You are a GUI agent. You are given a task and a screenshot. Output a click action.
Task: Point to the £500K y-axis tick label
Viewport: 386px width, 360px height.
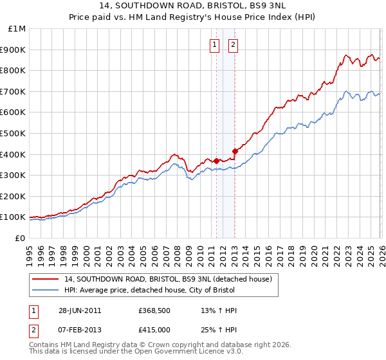(x=13, y=133)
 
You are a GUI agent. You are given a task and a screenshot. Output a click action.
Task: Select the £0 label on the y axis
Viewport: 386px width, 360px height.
(x=21, y=238)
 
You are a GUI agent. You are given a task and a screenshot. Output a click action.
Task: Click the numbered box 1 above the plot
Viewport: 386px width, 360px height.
(x=214, y=44)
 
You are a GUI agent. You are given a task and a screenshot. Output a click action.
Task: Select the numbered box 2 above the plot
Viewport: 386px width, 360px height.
(x=232, y=44)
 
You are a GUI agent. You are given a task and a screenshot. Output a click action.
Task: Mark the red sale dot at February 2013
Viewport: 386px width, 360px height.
(x=235, y=151)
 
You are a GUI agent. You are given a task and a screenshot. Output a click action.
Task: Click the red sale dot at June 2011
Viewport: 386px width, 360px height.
(x=216, y=161)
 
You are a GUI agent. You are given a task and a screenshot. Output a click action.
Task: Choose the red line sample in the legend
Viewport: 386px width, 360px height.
(x=46, y=279)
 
